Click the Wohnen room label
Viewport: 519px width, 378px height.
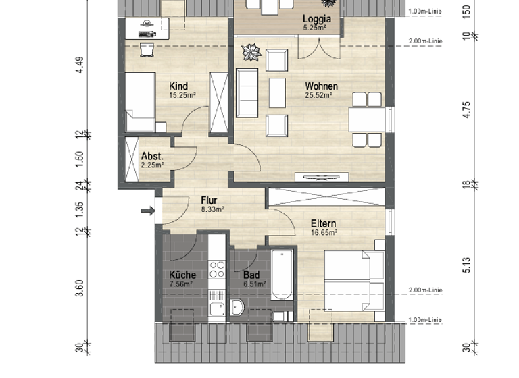pos(321,86)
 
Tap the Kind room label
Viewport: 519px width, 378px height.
pos(178,86)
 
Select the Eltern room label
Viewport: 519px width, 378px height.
pos(324,223)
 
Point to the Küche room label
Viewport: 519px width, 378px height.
pos(182,275)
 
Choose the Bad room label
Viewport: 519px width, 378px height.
pos(251,275)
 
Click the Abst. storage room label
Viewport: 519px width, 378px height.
pos(152,156)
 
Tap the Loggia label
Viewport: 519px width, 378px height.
pos(316,19)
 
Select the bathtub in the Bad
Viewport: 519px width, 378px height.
pos(282,275)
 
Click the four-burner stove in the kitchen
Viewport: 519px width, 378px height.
pos(217,270)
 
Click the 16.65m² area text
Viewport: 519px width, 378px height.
pos(324,232)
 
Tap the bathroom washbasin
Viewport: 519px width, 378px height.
pos(238,308)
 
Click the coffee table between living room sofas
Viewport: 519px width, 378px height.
pos(277,92)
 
